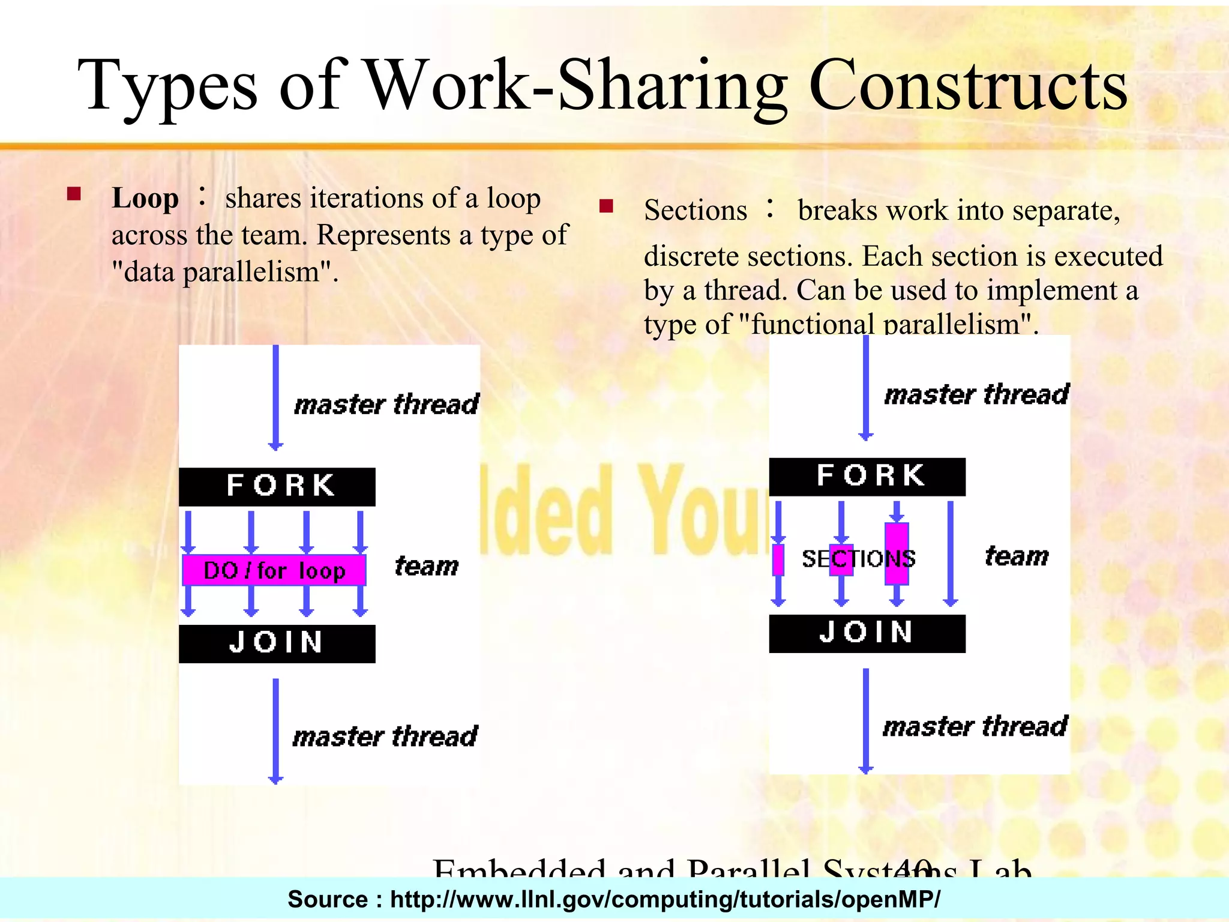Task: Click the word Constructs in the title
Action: (x=967, y=86)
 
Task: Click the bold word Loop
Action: (x=145, y=198)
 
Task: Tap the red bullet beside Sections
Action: (x=606, y=206)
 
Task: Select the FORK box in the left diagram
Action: (x=277, y=486)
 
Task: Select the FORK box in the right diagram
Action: (x=867, y=477)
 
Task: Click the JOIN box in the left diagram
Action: (x=277, y=643)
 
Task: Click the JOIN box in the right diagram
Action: (x=867, y=633)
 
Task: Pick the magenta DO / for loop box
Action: (x=274, y=570)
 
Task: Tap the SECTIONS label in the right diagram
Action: (x=859, y=559)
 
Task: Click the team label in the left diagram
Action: (x=427, y=566)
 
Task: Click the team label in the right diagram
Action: (x=1017, y=556)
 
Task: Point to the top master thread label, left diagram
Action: (x=386, y=404)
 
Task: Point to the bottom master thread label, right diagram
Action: (x=975, y=726)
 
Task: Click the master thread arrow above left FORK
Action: (x=275, y=396)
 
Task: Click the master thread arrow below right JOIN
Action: (x=865, y=720)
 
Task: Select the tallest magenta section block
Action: (x=897, y=553)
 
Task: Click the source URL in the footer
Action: (x=665, y=899)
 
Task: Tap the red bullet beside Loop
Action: (x=74, y=194)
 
